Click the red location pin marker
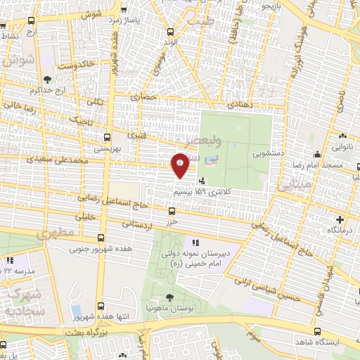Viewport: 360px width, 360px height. (x=180, y=165)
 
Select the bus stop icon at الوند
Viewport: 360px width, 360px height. (x=171, y=32)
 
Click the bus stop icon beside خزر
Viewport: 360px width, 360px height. (x=172, y=210)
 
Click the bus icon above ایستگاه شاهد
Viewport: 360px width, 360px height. (x=317, y=331)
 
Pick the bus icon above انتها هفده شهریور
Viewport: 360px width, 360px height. (x=102, y=305)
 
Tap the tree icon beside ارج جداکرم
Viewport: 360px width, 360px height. (x=47, y=80)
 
